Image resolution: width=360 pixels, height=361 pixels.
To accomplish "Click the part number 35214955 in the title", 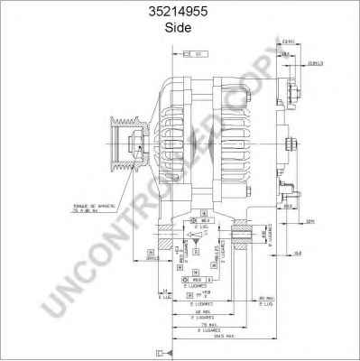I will (x=180, y=12).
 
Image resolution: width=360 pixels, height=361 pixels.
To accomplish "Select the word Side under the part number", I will (x=180, y=27).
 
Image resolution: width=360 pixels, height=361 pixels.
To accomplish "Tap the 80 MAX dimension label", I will (x=264, y=299).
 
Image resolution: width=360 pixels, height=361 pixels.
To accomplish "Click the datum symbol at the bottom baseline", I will (x=160, y=351).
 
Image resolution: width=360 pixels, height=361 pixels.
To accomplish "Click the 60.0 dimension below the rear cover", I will (x=286, y=207).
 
